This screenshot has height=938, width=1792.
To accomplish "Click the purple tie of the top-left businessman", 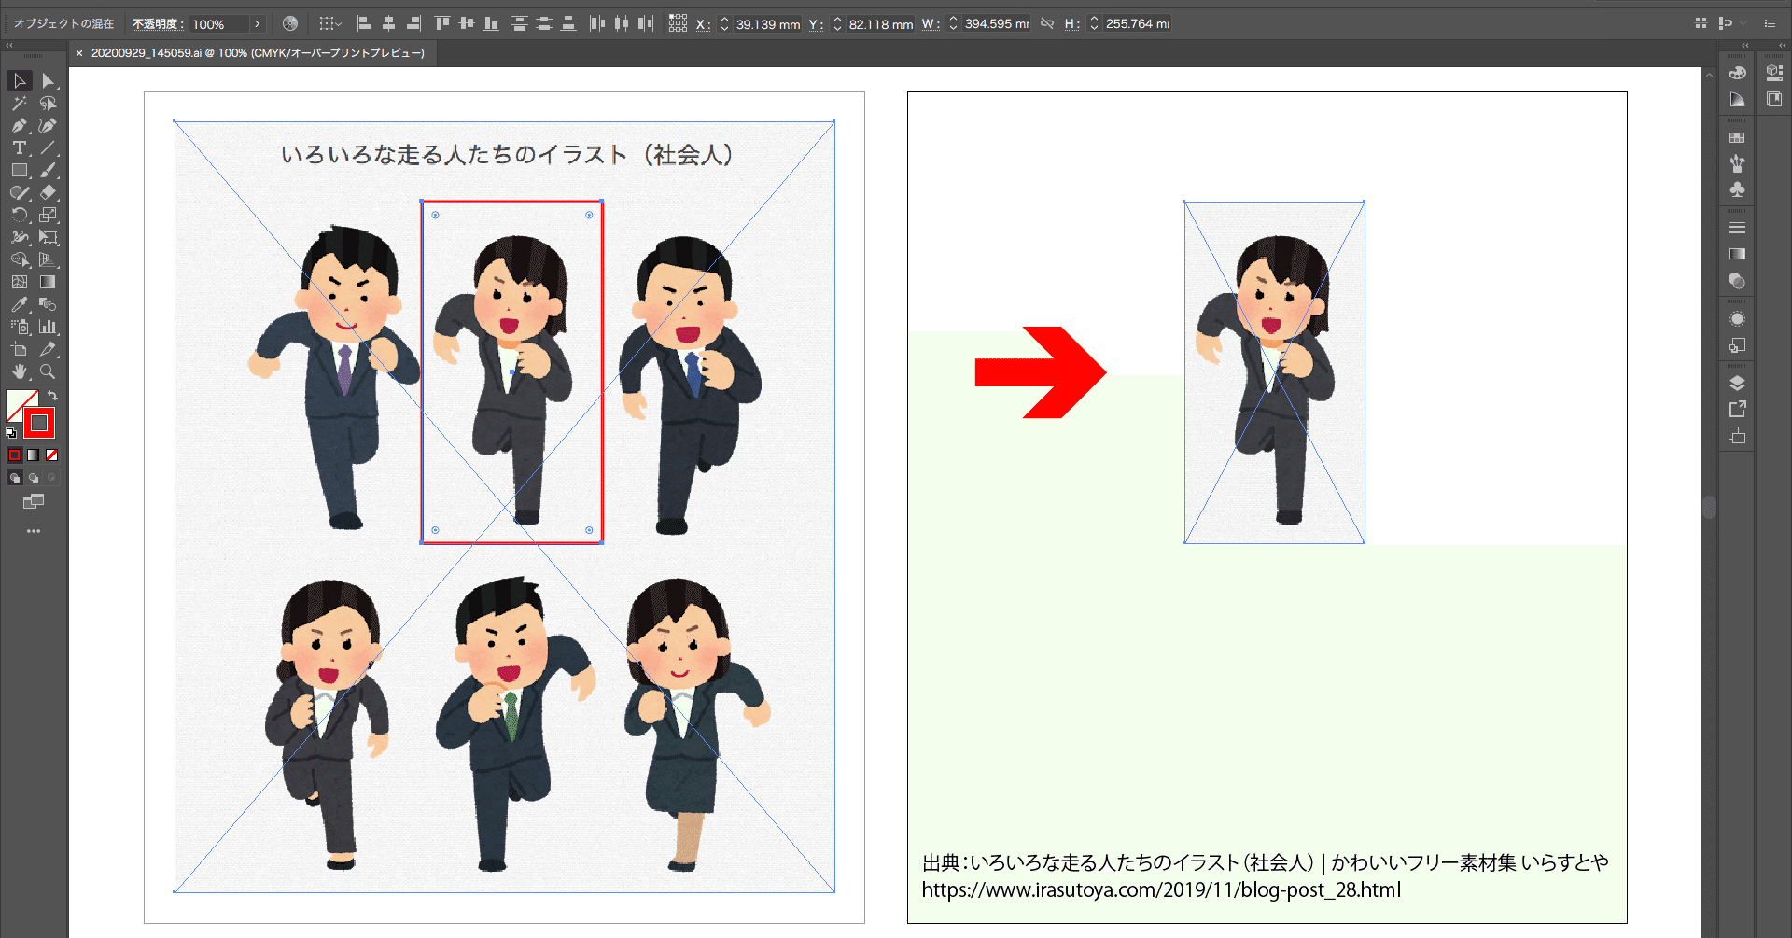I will tap(344, 369).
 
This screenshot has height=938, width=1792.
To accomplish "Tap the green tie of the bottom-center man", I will tap(510, 715).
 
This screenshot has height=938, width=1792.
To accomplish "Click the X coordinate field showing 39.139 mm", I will tap(766, 24).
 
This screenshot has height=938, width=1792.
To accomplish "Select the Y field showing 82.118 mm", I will tap(880, 24).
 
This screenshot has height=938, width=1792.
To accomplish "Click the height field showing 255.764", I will tap(1136, 24).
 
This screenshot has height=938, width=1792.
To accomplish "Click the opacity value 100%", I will tap(218, 24).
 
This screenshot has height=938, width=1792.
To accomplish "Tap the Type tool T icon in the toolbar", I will tap(19, 147).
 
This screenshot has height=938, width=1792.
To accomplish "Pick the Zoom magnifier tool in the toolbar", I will tap(48, 371).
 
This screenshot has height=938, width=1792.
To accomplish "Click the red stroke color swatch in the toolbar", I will tap(39, 423).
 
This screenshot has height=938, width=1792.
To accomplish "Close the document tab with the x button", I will tap(79, 53).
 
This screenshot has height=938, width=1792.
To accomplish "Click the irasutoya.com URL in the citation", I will tap(1161, 890).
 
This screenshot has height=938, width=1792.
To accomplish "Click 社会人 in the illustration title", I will tap(688, 155).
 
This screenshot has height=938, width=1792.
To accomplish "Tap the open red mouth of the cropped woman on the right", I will tap(1271, 325).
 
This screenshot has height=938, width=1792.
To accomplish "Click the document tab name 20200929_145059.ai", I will tap(146, 53).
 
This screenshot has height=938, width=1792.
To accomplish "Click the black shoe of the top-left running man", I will tap(345, 521).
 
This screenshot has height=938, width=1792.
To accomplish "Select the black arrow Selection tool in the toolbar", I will tap(19, 81).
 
